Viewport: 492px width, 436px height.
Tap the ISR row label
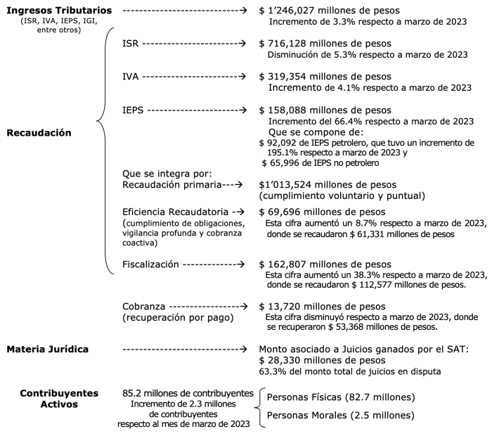click(x=130, y=43)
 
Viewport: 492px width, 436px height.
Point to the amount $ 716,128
click(x=285, y=43)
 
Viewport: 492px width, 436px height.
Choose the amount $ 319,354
click(x=285, y=76)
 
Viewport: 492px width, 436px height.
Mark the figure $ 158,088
click(x=285, y=110)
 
